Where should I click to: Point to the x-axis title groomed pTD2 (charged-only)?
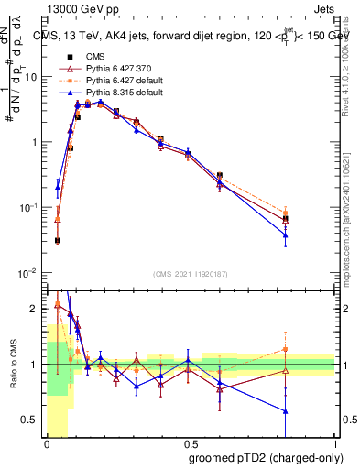(262, 458)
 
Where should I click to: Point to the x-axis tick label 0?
(46, 443)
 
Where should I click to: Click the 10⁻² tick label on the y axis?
(29, 273)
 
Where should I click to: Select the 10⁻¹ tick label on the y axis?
(29, 208)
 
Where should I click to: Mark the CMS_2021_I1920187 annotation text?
(190, 273)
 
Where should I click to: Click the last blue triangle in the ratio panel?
(286, 411)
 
